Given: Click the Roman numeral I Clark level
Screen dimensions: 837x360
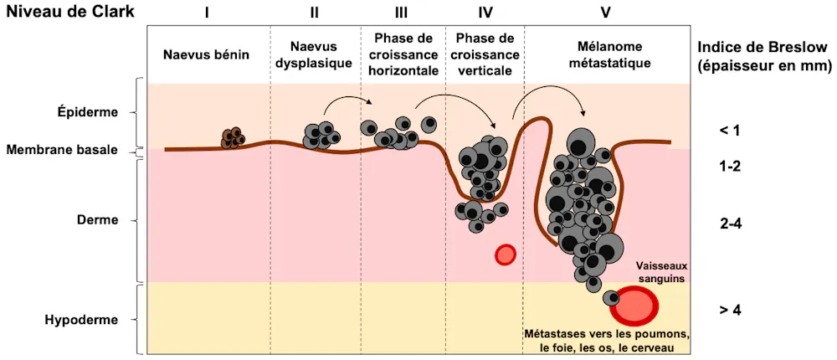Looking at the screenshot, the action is [x=206, y=13].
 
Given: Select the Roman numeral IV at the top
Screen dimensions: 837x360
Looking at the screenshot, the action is [x=485, y=13].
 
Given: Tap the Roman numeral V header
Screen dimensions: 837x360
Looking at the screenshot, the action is [x=605, y=13].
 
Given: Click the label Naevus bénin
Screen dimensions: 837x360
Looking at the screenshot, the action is [x=206, y=54].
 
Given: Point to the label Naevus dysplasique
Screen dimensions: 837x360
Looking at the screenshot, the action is [x=316, y=54].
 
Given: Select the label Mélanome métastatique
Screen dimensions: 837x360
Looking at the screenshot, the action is [x=605, y=54].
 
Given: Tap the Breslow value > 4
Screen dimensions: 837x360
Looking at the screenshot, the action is [x=731, y=310].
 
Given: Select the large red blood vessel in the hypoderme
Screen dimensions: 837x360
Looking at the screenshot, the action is [x=634, y=306].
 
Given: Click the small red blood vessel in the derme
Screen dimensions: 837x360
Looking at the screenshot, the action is [x=505, y=255].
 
